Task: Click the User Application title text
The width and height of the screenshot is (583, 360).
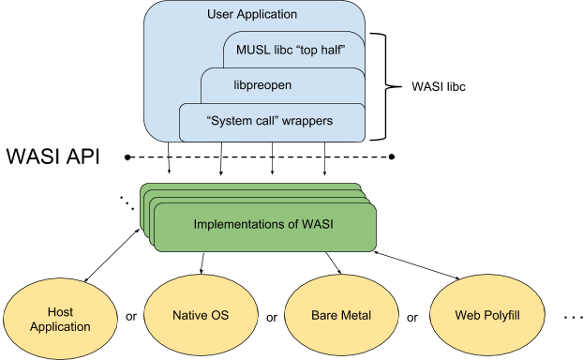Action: tap(251, 15)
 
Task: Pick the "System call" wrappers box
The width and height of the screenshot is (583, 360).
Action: tap(271, 122)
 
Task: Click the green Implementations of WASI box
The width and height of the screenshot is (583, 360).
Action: tap(265, 226)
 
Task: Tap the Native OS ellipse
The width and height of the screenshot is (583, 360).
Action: tap(201, 315)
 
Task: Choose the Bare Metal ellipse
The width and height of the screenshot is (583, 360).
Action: tap(341, 315)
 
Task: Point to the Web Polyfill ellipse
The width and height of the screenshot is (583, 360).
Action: tap(486, 315)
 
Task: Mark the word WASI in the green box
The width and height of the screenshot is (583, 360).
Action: tap(321, 225)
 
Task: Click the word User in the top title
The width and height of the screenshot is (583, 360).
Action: tap(219, 15)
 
